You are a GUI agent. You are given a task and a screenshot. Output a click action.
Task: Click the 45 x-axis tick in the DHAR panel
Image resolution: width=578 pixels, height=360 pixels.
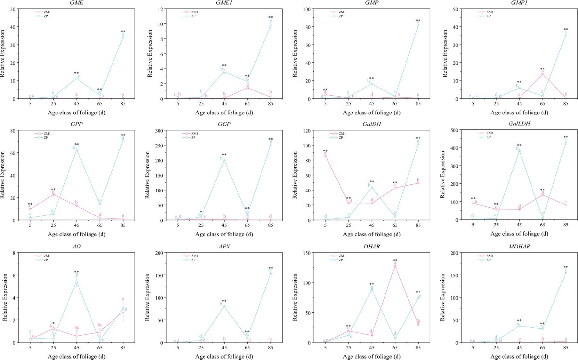pos(371,348)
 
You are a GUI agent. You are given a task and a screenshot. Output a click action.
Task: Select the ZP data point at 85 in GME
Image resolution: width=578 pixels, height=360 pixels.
pos(123,37)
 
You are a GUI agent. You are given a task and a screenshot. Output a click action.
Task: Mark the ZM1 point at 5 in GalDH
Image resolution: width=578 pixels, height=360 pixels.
pos(326,156)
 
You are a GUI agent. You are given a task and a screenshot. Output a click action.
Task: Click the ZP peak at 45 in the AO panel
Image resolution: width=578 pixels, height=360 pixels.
pos(77,281)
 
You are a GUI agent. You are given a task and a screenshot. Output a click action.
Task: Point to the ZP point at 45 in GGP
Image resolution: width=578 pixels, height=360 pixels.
pos(224,160)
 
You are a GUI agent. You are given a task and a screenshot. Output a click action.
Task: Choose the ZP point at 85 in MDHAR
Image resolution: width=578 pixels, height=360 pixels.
pos(565,272)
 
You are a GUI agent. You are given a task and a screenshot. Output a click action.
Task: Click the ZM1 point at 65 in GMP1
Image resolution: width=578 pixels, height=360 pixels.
pos(542,74)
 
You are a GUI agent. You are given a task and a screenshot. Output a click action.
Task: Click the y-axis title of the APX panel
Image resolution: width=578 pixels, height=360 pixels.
pos(150,297)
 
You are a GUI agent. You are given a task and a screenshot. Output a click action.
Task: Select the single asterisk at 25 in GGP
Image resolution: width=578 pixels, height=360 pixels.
pos(201,212)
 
